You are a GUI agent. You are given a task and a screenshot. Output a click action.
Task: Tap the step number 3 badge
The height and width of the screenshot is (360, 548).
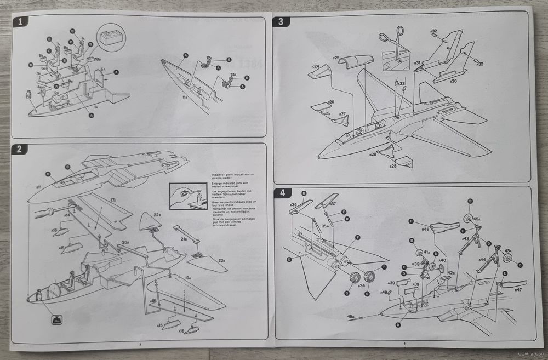(281, 22)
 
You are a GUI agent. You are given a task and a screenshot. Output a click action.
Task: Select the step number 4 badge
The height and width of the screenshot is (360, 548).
(282, 193)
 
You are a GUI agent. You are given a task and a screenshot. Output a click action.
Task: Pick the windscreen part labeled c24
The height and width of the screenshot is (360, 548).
(320, 71)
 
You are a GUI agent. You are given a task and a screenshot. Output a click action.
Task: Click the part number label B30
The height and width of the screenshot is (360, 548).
(453, 82)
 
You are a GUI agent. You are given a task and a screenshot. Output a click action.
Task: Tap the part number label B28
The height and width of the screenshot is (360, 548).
(393, 165)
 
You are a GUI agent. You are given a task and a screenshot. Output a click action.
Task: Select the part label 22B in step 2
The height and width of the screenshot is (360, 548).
(157, 215)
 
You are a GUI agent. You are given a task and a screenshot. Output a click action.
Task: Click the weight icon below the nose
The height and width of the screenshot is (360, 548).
(56, 321)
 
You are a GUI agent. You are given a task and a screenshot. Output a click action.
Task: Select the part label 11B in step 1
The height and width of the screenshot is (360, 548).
(185, 97)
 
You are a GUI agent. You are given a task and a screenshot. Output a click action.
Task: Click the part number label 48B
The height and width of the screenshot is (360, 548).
(351, 317)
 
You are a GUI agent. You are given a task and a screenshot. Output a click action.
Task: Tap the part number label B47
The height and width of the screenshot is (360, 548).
(518, 289)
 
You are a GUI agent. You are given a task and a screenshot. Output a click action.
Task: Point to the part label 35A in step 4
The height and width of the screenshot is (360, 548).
(325, 226)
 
